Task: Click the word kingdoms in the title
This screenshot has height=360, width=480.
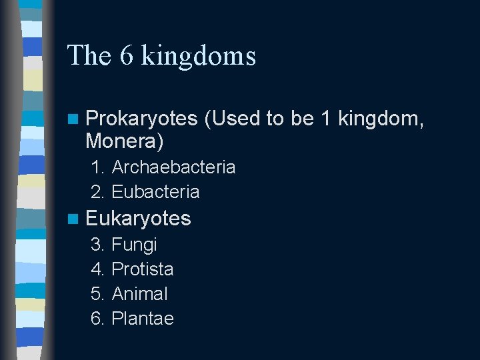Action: pyautogui.click(x=199, y=56)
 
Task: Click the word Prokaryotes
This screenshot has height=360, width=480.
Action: pyautogui.click(x=141, y=119)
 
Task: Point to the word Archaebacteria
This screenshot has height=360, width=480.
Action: pyautogui.click(x=173, y=167)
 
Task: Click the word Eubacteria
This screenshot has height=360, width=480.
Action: pyautogui.click(x=155, y=192)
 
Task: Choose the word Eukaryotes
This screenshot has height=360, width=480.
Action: pyautogui.click(x=138, y=219)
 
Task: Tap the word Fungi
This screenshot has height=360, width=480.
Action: pyautogui.click(x=134, y=245)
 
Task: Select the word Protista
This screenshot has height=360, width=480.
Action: pyautogui.click(x=143, y=269)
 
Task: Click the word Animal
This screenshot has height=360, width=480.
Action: pyautogui.click(x=140, y=294)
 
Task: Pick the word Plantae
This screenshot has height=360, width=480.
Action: pyautogui.click(x=143, y=319)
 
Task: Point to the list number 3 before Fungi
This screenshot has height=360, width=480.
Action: pyautogui.click(x=97, y=245)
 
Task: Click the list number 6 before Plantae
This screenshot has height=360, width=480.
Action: pyautogui.click(x=97, y=319)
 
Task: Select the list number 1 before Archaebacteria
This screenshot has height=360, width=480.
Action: pyautogui.click(x=97, y=167)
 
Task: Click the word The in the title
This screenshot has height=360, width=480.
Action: pyautogui.click(x=89, y=55)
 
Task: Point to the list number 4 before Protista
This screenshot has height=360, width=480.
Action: pyautogui.click(x=97, y=269)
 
